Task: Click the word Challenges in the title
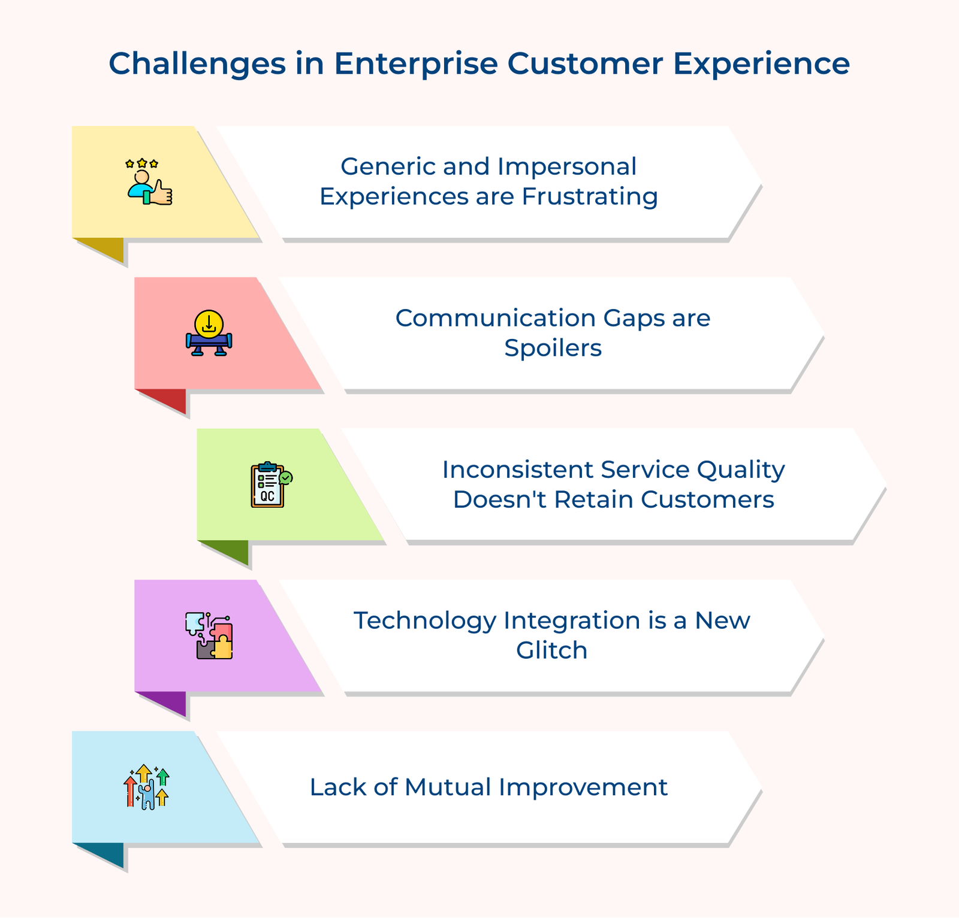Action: (x=197, y=64)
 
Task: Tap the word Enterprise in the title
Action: (x=416, y=63)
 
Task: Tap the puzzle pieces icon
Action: (x=209, y=636)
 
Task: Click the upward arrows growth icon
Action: (x=146, y=787)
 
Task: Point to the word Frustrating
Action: (x=590, y=196)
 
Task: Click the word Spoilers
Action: (x=553, y=348)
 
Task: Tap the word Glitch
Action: (x=551, y=650)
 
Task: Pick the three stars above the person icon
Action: (x=142, y=163)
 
